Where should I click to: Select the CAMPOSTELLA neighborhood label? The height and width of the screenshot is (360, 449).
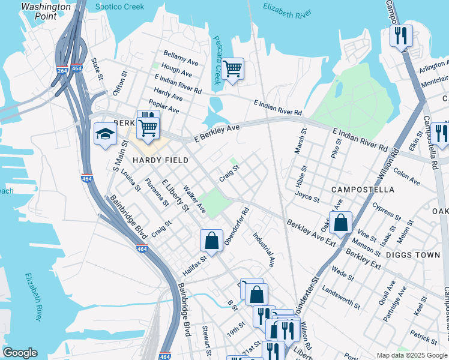coord(363,190)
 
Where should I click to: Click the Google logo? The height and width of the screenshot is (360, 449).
coord(20,353)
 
